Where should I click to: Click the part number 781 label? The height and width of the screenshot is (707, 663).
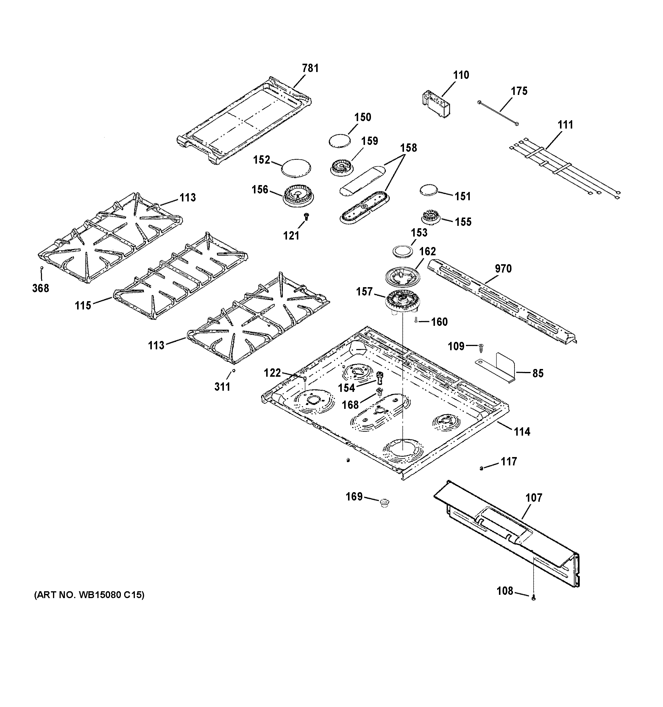pos(310,68)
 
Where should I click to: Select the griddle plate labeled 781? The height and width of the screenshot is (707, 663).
pos(244,121)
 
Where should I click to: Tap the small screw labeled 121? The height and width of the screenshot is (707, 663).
pos(306,215)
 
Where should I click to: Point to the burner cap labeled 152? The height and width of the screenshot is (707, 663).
pos(296,168)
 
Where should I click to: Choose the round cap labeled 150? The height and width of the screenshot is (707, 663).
pos(339,140)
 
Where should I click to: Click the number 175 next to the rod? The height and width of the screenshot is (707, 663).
pos(519,91)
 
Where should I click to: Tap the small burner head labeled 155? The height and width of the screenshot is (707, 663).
pos(431,217)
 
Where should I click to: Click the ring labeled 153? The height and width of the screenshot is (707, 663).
pos(403,251)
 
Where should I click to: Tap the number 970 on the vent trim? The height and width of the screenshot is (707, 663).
pos(503,268)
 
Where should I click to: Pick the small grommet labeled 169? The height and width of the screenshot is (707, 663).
pos(384,503)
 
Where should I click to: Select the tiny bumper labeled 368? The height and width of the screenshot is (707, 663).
pos(42,268)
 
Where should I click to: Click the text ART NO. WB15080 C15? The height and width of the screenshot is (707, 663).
pos(89,595)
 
